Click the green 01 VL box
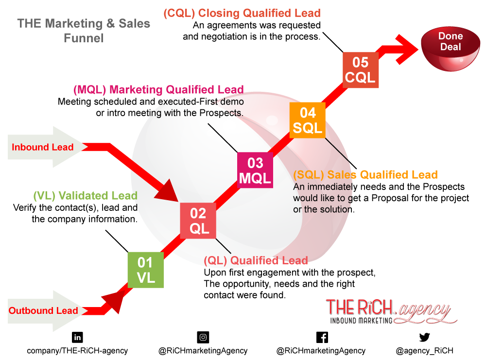[x=145, y=270]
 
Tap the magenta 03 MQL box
[x=255, y=171]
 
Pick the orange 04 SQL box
[x=307, y=120]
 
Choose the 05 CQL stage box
[x=361, y=70]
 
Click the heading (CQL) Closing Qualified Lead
[x=242, y=13]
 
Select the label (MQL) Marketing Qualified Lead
[x=158, y=90]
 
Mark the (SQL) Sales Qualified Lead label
[x=365, y=174]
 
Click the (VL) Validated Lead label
[x=85, y=196]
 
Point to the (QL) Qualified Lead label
[x=256, y=260]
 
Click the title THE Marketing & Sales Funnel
[x=84, y=30]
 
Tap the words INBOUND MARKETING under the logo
[x=361, y=320]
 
